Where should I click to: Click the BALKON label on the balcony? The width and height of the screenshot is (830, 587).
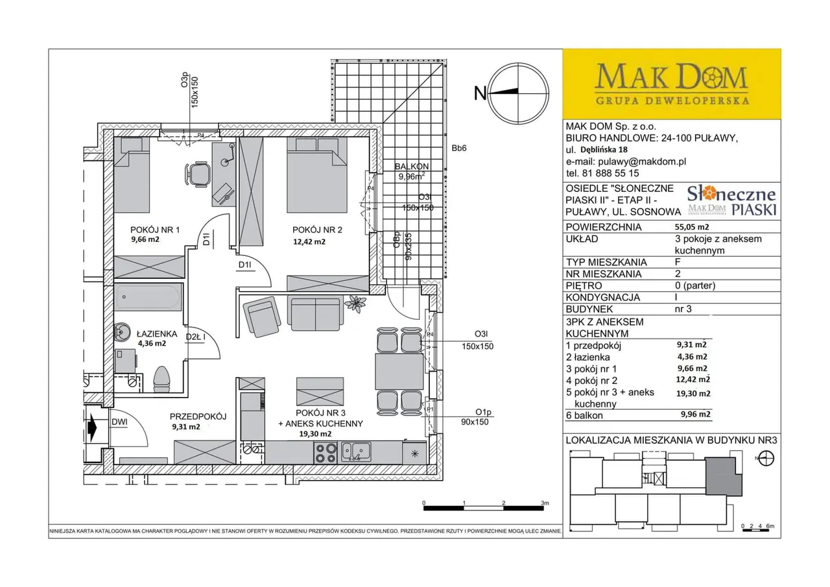412,167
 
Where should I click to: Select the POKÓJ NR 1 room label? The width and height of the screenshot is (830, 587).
155,230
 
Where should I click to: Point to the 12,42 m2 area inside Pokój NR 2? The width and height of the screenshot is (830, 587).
309,242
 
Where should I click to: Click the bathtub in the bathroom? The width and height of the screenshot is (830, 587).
148,297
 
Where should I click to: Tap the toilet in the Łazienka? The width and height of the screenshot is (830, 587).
161,379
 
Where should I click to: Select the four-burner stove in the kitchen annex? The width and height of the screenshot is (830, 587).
326,453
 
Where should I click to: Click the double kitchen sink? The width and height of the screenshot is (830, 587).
356,452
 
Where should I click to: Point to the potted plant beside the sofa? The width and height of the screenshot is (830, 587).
355,304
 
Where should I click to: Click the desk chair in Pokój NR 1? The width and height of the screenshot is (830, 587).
198,173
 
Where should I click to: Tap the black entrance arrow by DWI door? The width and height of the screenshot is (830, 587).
91,428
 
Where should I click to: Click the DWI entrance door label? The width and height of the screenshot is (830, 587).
119,422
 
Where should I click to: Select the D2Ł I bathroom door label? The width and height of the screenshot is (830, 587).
195,337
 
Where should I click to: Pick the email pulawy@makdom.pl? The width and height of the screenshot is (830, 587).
642,162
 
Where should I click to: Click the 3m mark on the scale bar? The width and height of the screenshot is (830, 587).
544,503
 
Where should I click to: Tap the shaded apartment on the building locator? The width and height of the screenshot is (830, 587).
724,476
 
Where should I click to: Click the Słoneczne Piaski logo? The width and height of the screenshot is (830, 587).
732,201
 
